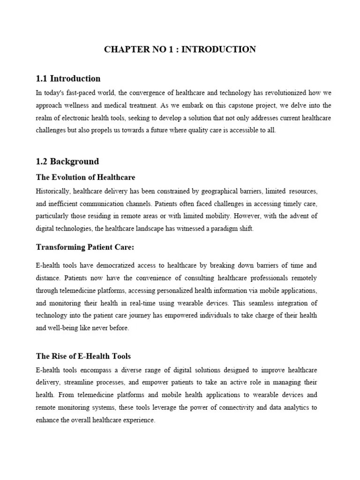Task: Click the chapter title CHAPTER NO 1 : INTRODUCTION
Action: (x=180, y=49)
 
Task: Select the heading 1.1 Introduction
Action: (x=68, y=78)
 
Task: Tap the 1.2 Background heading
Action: (x=67, y=161)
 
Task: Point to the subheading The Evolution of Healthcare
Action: (x=85, y=177)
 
